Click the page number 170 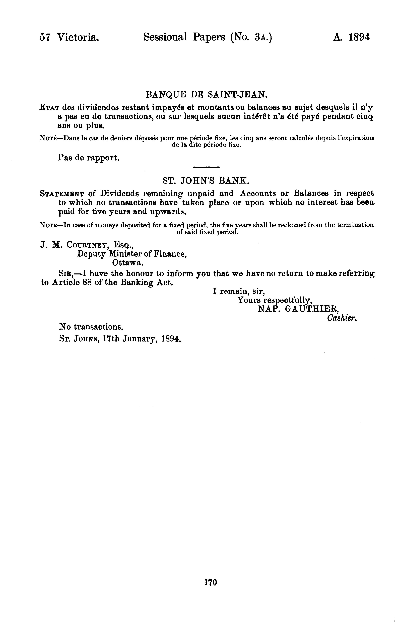point(211,582)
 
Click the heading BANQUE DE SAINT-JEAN point(206,94)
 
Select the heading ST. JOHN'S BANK point(204,181)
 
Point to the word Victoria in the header point(78,37)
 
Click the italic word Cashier point(342,318)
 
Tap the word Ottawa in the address point(127,263)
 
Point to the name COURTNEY point(87,245)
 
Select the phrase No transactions point(91,327)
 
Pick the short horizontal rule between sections point(206,167)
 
